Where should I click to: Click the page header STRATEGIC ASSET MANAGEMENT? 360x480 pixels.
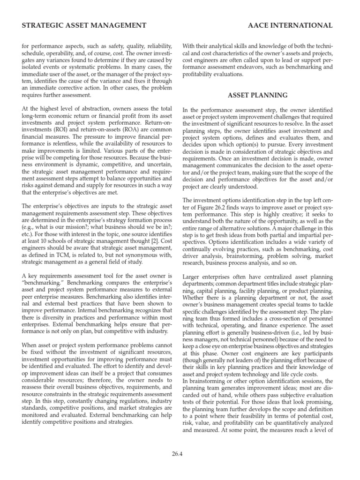point(84,25)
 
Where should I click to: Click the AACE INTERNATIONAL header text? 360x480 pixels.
point(290,25)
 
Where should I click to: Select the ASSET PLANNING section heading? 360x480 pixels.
point(257,95)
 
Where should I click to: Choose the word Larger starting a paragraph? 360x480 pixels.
point(193,277)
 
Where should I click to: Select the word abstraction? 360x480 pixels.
point(92,109)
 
